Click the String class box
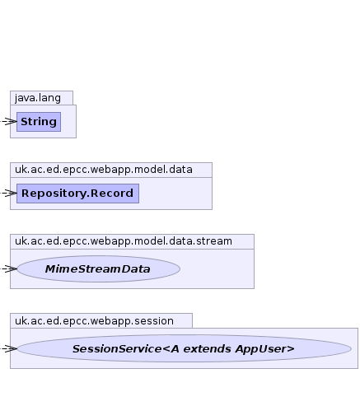pos(39,122)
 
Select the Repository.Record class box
pos(77,194)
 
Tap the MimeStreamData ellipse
pos(98,268)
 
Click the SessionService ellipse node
pos(184,348)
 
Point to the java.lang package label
pos(38,98)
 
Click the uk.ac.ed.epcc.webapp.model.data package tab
pos(111,170)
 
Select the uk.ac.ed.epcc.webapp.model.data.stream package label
pos(124,241)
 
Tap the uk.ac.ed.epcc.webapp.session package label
pos(94,321)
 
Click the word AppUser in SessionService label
pos(264,349)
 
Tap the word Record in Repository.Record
pos(112,193)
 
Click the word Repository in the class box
pos(54,194)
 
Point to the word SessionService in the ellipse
pos(117,349)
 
